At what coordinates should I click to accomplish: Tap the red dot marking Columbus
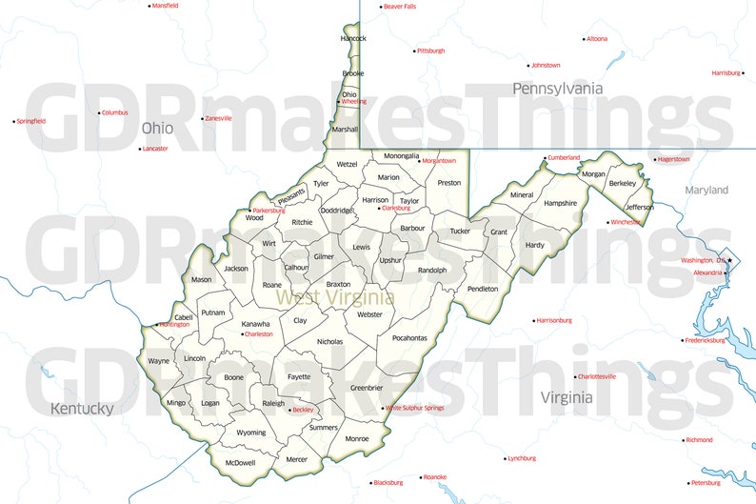(99, 112)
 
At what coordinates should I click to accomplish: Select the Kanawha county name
(255, 324)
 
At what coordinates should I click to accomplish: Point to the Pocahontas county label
(409, 338)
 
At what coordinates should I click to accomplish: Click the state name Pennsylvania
(557, 88)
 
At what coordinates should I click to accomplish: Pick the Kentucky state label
(82, 409)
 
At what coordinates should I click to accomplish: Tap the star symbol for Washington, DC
(729, 260)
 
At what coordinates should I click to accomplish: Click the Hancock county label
(353, 38)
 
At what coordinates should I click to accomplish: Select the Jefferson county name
(639, 207)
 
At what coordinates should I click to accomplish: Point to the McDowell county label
(240, 462)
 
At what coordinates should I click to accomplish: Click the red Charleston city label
(258, 334)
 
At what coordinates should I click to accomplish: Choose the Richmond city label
(699, 440)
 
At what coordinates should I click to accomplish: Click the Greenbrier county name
(367, 388)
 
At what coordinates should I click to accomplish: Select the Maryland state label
(706, 191)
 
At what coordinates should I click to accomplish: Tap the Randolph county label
(432, 271)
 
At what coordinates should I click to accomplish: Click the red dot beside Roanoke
(419, 477)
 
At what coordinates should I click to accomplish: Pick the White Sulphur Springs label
(415, 408)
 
